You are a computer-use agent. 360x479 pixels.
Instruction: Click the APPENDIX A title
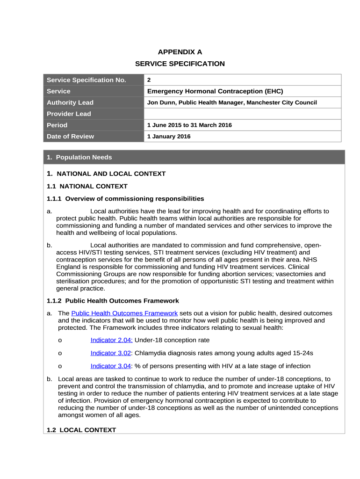pyautogui.click(x=180, y=52)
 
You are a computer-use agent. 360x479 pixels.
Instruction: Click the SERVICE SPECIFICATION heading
pyautogui.click(x=180, y=64)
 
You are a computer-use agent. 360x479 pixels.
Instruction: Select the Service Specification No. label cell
pyautogui.click(x=86, y=80)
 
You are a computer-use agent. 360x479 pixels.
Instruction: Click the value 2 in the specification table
pyautogui.click(x=149, y=80)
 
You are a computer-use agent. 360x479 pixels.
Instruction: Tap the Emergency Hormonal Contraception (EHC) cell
pyautogui.click(x=215, y=91)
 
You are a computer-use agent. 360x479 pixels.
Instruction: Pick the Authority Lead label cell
pyautogui.click(x=70, y=102)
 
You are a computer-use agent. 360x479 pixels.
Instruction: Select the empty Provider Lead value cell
pyautogui.click(x=242, y=114)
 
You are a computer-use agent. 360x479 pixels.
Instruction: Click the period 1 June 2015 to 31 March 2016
pyautogui.click(x=189, y=125)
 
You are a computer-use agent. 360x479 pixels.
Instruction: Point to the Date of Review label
pyautogui.click(x=70, y=136)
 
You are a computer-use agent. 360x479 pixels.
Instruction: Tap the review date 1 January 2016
pyautogui.click(x=169, y=136)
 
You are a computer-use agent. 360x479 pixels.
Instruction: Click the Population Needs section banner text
pyautogui.click(x=79, y=157)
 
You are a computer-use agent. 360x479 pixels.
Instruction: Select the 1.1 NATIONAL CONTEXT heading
pyautogui.click(x=87, y=186)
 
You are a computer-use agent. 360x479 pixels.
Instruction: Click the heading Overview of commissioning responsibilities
pyautogui.click(x=135, y=198)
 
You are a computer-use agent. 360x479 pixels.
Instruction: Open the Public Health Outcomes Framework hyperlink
pyautogui.click(x=124, y=313)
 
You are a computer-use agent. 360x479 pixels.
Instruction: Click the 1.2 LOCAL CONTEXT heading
pyautogui.click(x=81, y=430)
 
